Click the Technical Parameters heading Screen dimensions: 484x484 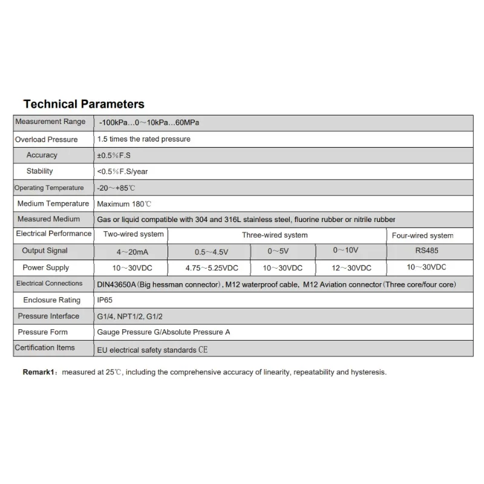tap(83, 104)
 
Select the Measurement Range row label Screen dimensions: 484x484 tap(50, 122)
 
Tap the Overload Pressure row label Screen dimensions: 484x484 tap(46, 140)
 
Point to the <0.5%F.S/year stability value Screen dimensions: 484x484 tap(122, 171)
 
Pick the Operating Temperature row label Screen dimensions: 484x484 tap(49, 188)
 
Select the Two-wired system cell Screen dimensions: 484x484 tap(134, 234)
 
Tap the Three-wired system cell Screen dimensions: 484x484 tap(275, 235)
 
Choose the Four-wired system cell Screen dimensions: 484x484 tap(422, 235)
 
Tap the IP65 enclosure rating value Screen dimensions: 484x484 tap(105, 300)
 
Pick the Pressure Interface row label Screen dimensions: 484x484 tap(48, 316)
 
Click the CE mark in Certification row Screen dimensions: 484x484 tap(203, 350)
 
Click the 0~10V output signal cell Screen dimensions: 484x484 tap(347, 250)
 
